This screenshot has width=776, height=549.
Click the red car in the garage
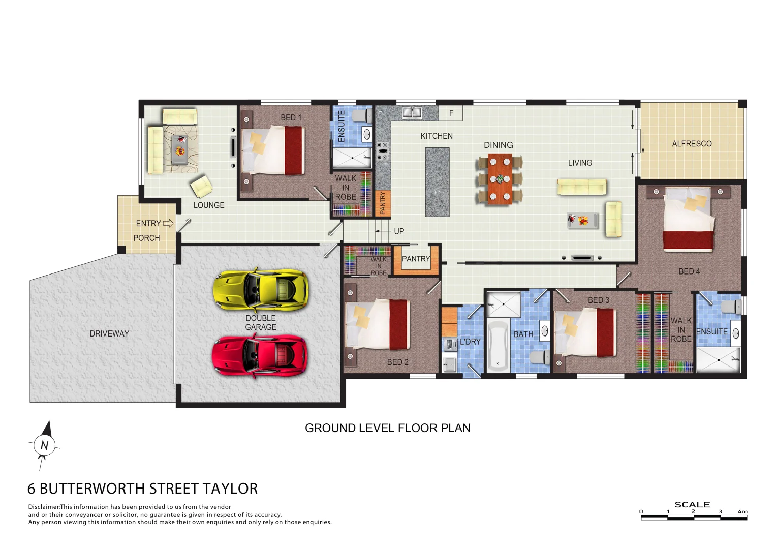pos(259,355)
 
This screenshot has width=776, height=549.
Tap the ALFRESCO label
pos(692,144)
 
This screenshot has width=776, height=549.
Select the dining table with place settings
pos(500,179)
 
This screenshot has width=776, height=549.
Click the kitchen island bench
pos(437,181)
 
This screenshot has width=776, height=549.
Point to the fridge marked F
pos(451,113)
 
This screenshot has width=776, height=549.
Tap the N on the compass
pos(44,446)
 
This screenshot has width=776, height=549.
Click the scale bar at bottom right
pos(694,517)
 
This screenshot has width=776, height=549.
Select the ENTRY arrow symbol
pos(168,223)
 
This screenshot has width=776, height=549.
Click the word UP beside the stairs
pos(399,231)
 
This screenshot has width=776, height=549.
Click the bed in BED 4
pos(689,219)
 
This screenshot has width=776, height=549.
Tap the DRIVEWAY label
pos(109,334)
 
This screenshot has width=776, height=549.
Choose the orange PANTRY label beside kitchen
pos(383,202)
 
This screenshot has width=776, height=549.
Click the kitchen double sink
pos(412,112)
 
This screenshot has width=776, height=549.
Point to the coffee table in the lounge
pos(179,149)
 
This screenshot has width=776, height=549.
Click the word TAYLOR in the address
pos(230,489)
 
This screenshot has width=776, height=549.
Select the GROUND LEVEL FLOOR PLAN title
pos(387,428)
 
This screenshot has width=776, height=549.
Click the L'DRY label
pos(470,342)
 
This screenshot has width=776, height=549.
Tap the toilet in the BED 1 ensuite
pos(361,116)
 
